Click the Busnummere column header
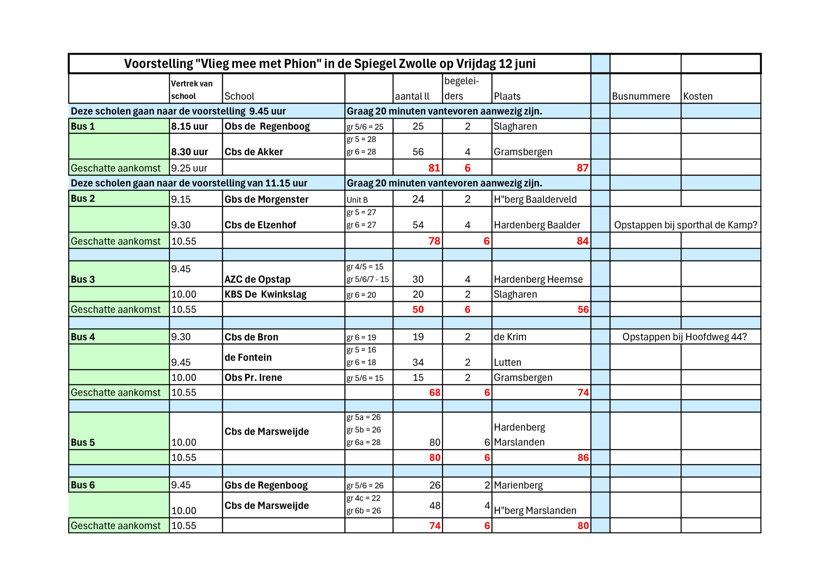[641, 96]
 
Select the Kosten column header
[698, 96]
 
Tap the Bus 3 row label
[83, 279]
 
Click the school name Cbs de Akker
[254, 152]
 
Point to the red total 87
[582, 168]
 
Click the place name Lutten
[507, 362]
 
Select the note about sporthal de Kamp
[685, 225]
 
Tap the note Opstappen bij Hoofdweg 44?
[684, 337]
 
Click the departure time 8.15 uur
[189, 126]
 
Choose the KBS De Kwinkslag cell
[265, 294]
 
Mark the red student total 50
[418, 310]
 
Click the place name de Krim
[510, 337]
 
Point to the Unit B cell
[357, 200]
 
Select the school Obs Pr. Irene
[253, 377]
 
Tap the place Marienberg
[518, 485]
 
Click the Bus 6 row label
[83, 485]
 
